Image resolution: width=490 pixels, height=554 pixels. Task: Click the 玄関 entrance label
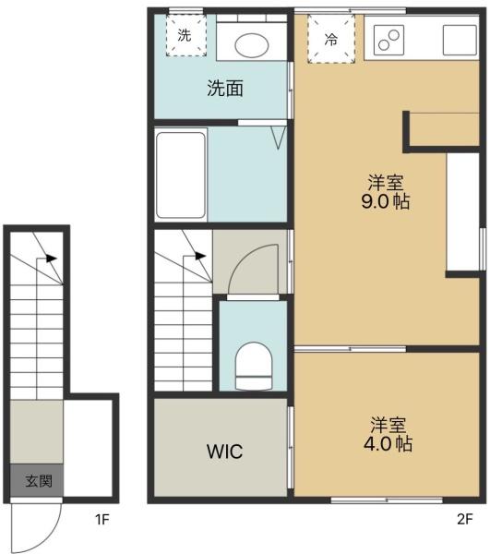click(x=39, y=481)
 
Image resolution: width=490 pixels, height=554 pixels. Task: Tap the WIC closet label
click(x=224, y=452)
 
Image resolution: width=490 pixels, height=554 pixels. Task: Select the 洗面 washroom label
click(x=225, y=89)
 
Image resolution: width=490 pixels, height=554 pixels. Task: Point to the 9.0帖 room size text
click(x=385, y=201)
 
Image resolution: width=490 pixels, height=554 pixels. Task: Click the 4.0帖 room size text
click(x=388, y=444)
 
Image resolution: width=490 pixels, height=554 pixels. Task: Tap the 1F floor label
click(x=102, y=519)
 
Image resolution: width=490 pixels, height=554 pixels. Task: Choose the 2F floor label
click(x=464, y=519)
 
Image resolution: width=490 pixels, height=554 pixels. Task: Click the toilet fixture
click(x=254, y=366)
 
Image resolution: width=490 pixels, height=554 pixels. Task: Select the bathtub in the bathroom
click(x=181, y=175)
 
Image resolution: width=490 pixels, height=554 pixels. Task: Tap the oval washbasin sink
click(x=252, y=45)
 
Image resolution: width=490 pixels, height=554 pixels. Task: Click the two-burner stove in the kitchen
click(x=388, y=40)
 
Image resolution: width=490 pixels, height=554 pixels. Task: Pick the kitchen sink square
click(x=460, y=40)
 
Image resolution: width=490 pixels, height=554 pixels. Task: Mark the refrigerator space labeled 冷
click(x=330, y=39)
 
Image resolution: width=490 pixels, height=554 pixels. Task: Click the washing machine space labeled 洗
click(x=186, y=35)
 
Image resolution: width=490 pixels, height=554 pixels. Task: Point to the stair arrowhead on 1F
click(x=52, y=259)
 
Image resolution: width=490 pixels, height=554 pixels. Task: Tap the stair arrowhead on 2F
click(x=200, y=256)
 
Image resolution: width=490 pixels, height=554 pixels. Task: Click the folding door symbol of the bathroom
click(x=278, y=138)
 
